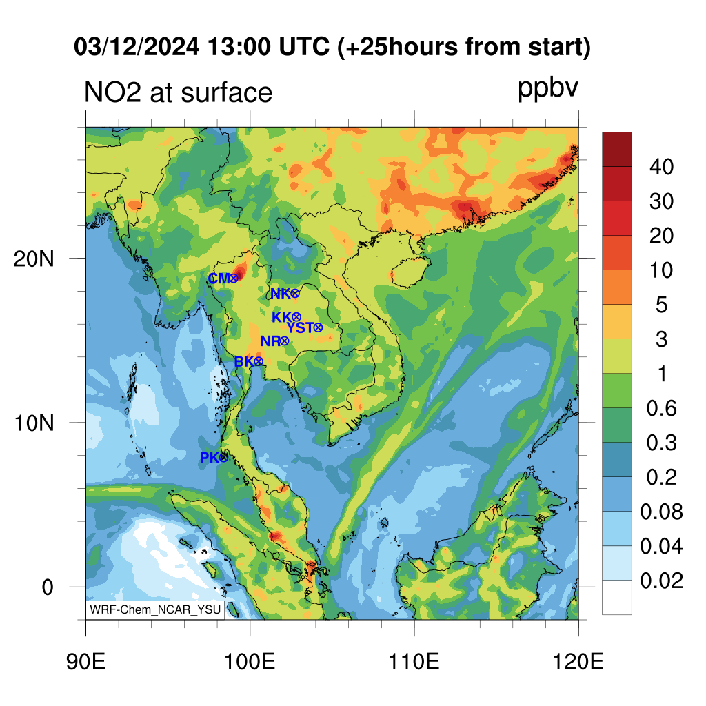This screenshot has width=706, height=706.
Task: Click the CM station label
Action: click(219, 279)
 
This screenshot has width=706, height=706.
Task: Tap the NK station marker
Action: click(295, 294)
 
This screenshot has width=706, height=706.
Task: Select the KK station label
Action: click(282, 317)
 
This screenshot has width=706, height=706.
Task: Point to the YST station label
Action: click(300, 327)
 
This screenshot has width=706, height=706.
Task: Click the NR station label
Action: click(270, 341)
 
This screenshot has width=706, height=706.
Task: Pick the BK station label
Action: click(244, 361)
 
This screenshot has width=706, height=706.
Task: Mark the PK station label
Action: click(210, 458)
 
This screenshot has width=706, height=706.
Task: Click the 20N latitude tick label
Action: click(34, 259)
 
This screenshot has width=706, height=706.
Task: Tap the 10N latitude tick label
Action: click(34, 423)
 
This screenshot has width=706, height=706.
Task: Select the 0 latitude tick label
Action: click(48, 587)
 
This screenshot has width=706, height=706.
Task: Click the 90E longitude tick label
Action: click(85, 662)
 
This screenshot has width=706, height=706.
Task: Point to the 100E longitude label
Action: click(250, 662)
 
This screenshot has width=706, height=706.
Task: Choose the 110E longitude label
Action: click(414, 662)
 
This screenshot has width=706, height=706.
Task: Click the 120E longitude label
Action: click(578, 662)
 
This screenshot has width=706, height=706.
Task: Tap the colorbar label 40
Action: click(661, 167)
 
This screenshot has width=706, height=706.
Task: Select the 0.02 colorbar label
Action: click(661, 581)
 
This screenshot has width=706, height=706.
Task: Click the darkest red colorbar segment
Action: click(617, 150)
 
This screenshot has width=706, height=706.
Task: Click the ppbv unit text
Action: click(548, 89)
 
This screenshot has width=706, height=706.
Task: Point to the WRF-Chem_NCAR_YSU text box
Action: click(155, 609)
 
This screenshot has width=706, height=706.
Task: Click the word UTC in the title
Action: click(304, 46)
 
